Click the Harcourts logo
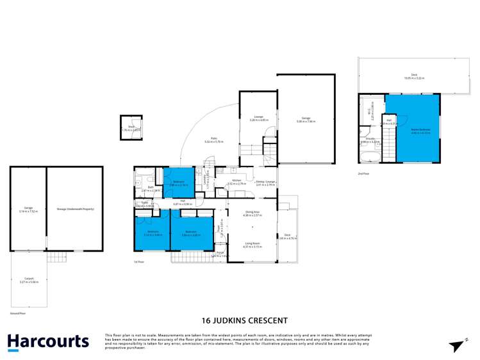[48, 341]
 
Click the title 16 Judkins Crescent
[244, 320]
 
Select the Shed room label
[131, 128]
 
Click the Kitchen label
[236, 181]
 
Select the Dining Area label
[252, 213]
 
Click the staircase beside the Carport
[57, 257]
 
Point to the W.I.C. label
[369, 112]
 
